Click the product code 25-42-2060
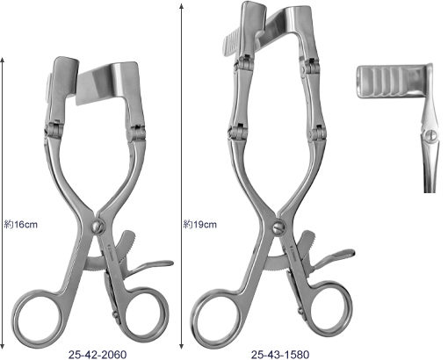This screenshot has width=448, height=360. (98, 355)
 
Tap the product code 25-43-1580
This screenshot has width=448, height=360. (280, 355)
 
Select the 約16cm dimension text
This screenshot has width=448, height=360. (21, 225)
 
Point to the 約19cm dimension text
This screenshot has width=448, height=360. (200, 225)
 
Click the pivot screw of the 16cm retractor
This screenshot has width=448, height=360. (98, 227)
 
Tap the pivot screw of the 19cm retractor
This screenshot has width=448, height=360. (278, 227)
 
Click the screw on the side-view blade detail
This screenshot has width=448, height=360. (430, 135)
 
